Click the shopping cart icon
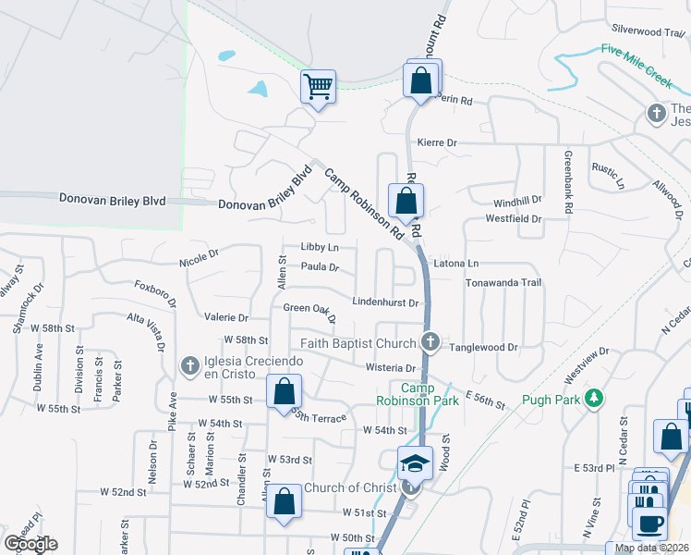pyautogui.click(x=318, y=88)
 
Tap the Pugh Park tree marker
pyautogui.click(x=596, y=398)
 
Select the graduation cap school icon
pyautogui.click(x=415, y=462)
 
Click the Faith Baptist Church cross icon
pyautogui.click(x=430, y=343)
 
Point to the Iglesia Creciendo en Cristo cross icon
pyautogui.click(x=190, y=366)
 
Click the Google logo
pyautogui.click(x=30, y=544)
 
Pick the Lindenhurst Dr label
pyautogui.click(x=387, y=302)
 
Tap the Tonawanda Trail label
pyautogui.click(x=503, y=282)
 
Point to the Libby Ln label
pyautogui.click(x=320, y=248)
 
